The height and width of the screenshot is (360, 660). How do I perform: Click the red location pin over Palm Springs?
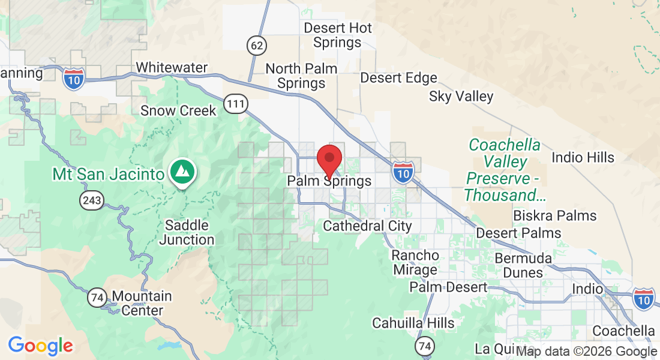pyautogui.click(x=329, y=159)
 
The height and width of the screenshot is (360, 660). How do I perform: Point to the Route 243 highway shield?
pyautogui.click(x=94, y=199)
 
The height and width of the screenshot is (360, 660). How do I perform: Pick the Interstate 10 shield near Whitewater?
pyautogui.click(x=74, y=78)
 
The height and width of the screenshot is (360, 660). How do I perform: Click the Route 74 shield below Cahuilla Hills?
pyautogui.click(x=425, y=346)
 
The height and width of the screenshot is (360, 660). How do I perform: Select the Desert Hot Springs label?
pyautogui.click(x=338, y=35)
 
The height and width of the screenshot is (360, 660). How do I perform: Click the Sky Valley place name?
pyautogui.click(x=461, y=97)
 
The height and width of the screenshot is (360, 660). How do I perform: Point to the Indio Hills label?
pyautogui.click(x=583, y=158)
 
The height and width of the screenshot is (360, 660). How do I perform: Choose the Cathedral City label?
pyautogui.click(x=367, y=226)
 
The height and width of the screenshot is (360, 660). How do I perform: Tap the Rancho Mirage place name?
pyautogui.click(x=415, y=262)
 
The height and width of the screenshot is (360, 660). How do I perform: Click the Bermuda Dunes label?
pyautogui.click(x=523, y=265)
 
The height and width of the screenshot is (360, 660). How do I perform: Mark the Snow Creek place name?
pyautogui.click(x=170, y=111)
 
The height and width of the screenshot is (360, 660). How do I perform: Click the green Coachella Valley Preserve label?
pyautogui.click(x=504, y=170)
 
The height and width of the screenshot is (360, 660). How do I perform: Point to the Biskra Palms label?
pyautogui.click(x=554, y=215)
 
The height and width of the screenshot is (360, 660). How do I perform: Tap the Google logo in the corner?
pyautogui.click(x=40, y=345)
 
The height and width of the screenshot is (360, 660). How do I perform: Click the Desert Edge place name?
pyautogui.click(x=398, y=78)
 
